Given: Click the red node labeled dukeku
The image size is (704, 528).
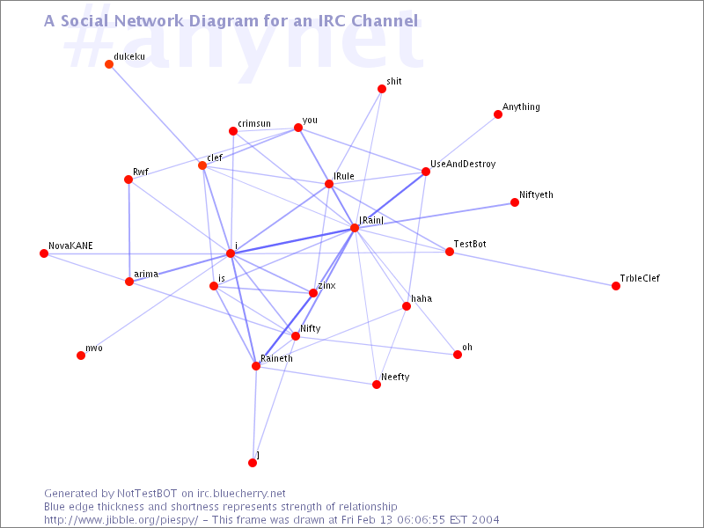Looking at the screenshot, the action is [108, 64].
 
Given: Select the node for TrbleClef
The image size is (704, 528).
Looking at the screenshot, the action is [615, 286].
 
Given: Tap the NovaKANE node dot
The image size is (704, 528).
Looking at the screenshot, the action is [43, 253].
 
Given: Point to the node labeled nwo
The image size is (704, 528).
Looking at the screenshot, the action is [81, 356].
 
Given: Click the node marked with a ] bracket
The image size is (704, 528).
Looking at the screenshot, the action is [253, 463].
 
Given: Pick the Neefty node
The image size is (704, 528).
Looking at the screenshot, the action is [377, 385].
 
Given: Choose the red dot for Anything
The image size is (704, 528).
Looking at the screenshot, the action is [497, 114].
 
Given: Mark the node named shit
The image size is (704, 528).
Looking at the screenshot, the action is [382, 89].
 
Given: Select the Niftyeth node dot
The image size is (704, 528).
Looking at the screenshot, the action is [515, 202].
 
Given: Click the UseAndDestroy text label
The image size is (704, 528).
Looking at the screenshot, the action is [463, 165].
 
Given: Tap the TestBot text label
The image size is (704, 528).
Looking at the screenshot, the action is [470, 244].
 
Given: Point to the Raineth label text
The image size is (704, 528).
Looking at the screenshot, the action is [276, 358].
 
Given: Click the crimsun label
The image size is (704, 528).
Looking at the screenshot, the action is [254, 123].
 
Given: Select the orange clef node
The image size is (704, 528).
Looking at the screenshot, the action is [202, 165].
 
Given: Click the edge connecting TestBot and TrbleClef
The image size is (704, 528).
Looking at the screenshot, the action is [532, 269].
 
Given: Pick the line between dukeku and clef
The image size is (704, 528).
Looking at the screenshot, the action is [156, 115].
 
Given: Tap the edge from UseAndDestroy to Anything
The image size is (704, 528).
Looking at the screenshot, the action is [461, 143].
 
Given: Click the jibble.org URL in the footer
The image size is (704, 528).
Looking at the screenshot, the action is [121, 520].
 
